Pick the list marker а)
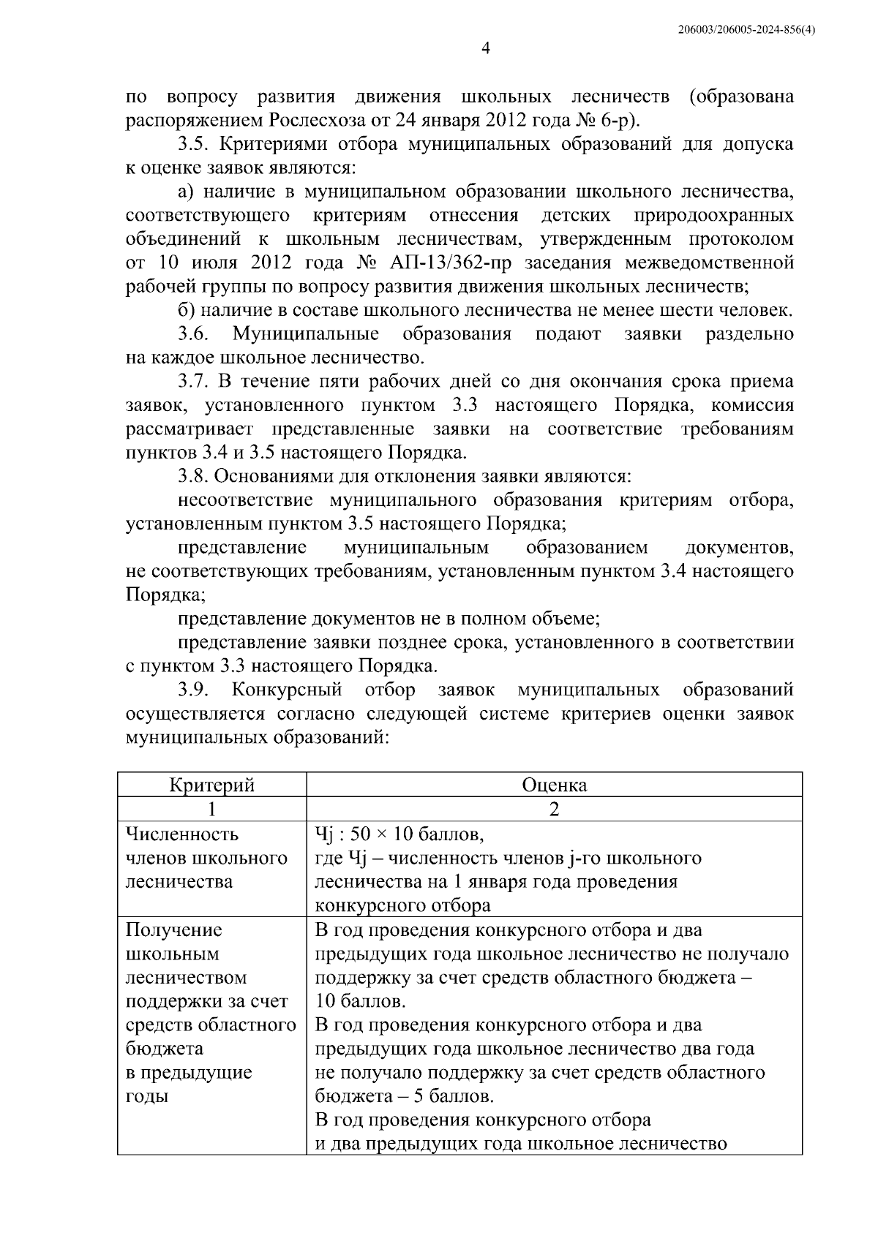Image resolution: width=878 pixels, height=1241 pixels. click(x=187, y=192)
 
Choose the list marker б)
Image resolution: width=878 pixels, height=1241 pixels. click(x=187, y=310)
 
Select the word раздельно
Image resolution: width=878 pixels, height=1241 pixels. click(x=749, y=334)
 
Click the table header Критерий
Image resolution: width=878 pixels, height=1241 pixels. click(x=211, y=785)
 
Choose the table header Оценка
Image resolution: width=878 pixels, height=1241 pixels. click(x=554, y=785)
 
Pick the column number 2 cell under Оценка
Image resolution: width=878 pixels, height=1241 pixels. click(x=554, y=809)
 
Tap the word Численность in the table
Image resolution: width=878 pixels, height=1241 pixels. click(x=182, y=834)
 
